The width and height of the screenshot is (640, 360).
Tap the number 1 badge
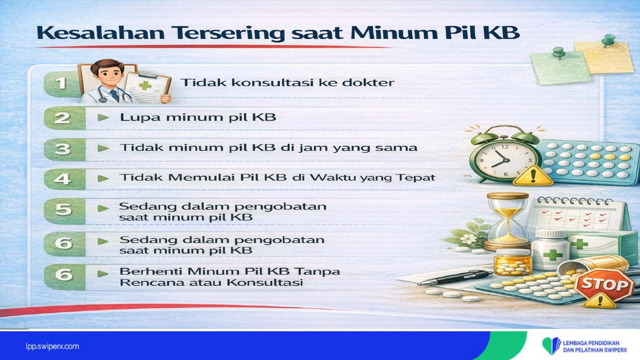61,84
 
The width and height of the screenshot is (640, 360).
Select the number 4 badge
62,179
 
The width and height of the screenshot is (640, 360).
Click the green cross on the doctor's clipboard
145,85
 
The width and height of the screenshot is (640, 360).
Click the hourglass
508,221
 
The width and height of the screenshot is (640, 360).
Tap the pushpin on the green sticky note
558,53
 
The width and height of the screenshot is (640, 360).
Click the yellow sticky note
604,57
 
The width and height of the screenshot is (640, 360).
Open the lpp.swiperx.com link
52,347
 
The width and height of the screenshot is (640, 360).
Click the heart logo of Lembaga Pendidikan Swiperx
551,346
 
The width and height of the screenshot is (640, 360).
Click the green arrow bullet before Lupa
103,117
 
